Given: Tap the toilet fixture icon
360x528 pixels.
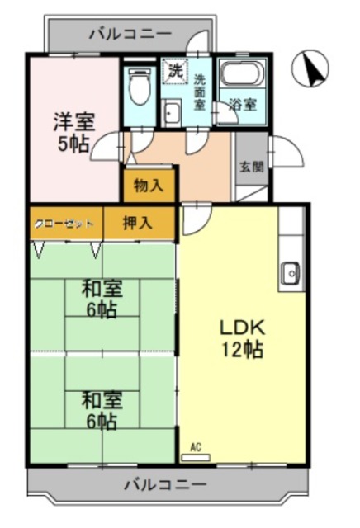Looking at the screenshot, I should click(137, 84).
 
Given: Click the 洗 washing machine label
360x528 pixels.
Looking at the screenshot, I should click(175, 71).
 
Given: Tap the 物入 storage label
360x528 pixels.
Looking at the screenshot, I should click(149, 186).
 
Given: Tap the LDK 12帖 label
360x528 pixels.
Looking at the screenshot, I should click(241, 337).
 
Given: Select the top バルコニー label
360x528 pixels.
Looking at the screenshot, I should click(130, 34).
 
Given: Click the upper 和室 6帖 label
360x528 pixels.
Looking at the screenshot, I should click(102, 299).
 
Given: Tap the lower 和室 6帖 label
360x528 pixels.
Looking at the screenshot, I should click(102, 410).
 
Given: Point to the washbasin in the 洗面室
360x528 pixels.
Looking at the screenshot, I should click(173, 113).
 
